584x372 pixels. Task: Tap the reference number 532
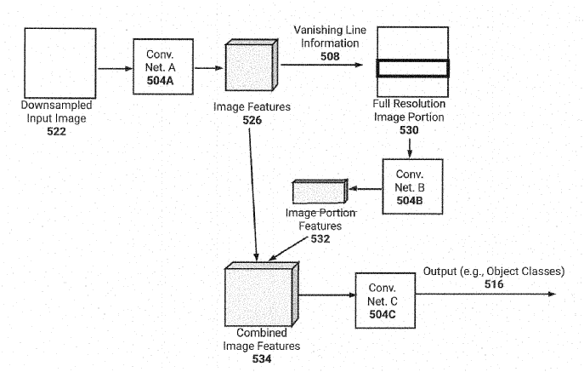click(320, 239)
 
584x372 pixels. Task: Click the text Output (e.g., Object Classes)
click(493, 271)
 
